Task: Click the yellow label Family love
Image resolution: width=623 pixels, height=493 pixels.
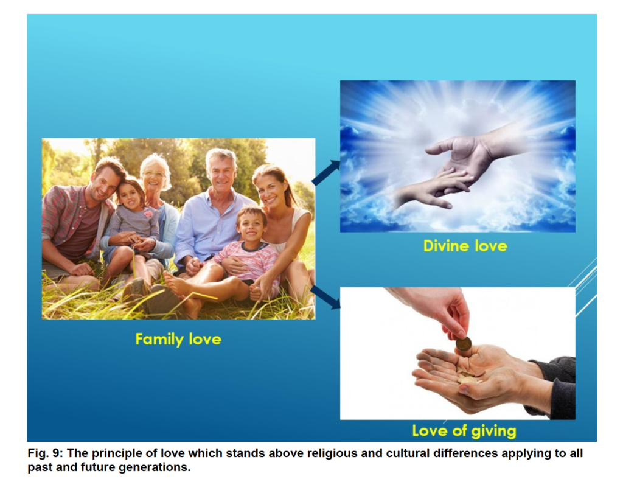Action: (x=178, y=339)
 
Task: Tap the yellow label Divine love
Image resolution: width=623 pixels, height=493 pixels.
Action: (x=465, y=246)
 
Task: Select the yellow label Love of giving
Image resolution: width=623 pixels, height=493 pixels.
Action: (x=464, y=431)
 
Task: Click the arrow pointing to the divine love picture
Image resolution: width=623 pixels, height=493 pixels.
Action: (x=326, y=173)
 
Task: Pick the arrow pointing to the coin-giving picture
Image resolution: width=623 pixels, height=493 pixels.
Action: (x=325, y=297)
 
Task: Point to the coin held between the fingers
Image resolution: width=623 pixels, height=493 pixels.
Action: (x=463, y=343)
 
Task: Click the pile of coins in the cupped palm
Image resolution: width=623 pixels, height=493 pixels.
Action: (x=471, y=377)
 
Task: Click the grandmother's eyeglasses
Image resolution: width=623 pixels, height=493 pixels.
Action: (x=153, y=174)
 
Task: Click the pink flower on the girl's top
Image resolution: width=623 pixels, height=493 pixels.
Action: (x=148, y=214)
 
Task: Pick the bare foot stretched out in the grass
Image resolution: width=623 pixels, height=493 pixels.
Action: (x=178, y=284)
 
